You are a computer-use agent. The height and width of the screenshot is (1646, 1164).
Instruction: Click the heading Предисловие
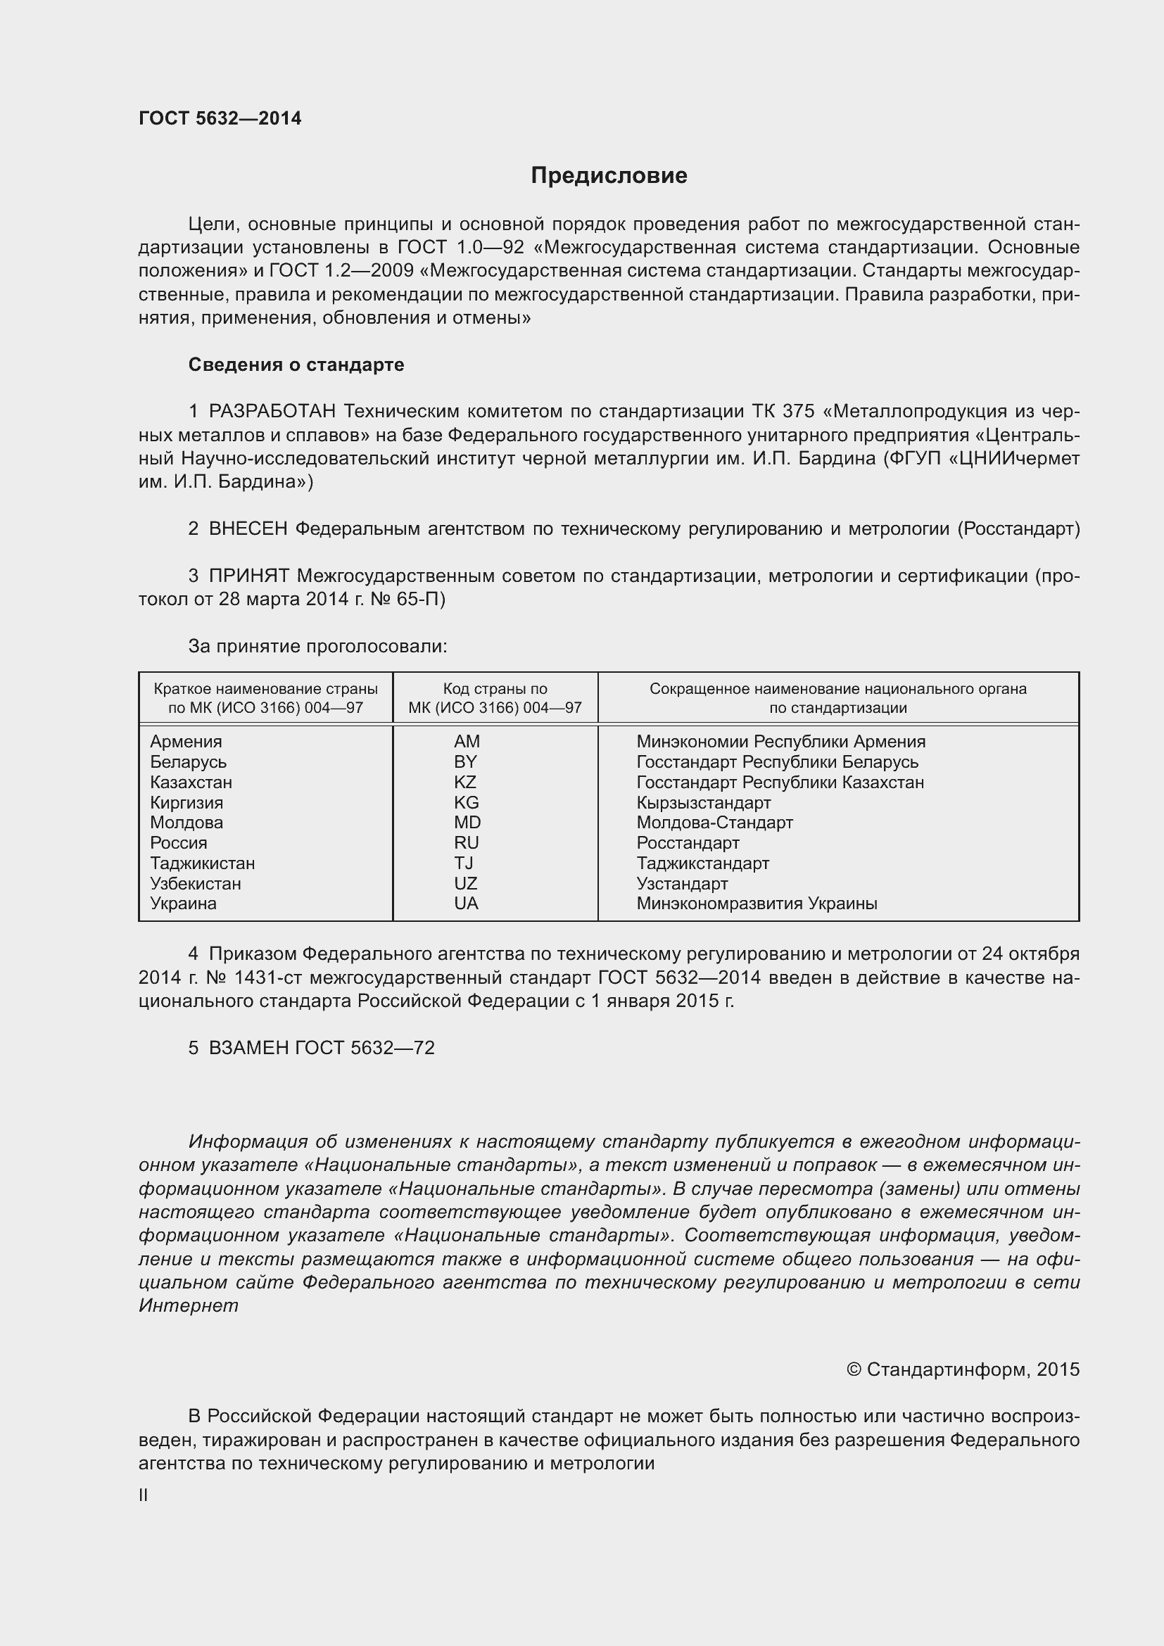609,176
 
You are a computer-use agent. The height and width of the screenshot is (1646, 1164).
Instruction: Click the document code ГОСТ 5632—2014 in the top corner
220,118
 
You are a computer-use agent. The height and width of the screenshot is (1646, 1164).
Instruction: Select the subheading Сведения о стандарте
296,365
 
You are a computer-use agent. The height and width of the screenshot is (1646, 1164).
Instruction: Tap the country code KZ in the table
465,782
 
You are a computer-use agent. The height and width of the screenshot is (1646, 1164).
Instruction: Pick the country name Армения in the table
186,741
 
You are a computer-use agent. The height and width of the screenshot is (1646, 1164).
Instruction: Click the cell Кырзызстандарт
703,802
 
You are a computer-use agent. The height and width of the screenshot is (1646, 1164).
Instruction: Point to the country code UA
466,904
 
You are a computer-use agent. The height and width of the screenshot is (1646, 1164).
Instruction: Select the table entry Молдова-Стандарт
714,822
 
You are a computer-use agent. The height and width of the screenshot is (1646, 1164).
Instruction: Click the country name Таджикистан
202,863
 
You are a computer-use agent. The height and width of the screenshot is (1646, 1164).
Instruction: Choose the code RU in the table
466,843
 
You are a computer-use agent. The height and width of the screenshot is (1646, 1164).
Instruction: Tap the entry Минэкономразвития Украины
756,904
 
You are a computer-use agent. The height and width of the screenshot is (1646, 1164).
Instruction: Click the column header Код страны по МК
495,698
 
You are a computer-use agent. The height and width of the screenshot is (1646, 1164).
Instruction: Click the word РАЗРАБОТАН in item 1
272,412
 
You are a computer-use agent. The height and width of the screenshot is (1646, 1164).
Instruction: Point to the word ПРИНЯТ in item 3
248,576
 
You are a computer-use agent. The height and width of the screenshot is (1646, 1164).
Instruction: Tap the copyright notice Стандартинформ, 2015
963,1370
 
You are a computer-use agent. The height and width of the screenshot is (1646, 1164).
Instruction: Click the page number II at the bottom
144,1495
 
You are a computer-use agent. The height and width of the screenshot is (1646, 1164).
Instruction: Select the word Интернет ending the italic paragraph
189,1305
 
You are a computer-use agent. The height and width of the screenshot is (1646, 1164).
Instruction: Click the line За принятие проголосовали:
317,647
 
